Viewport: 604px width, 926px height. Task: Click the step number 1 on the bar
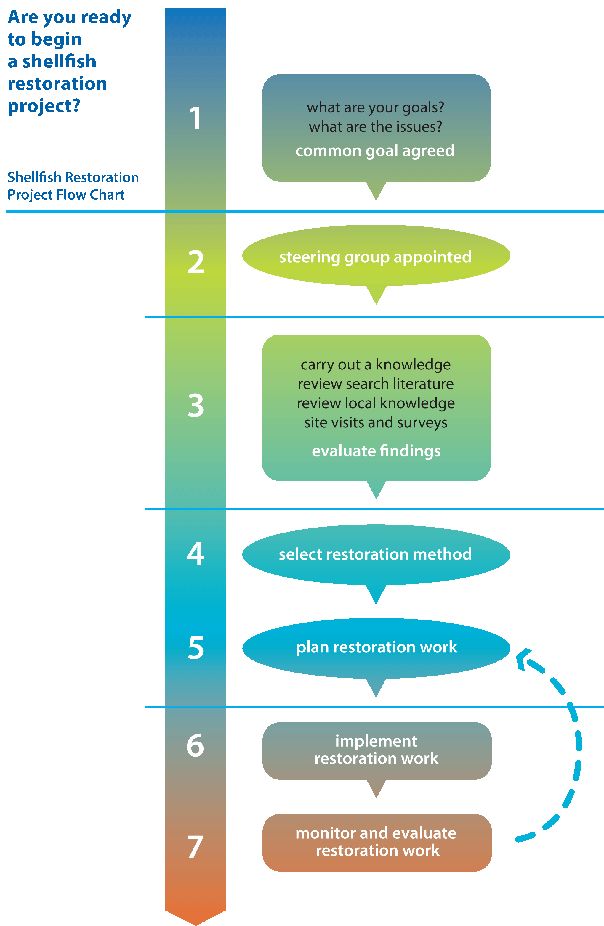coord(195,118)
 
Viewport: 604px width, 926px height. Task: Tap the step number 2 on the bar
coord(196,262)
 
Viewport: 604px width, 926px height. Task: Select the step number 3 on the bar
coord(196,405)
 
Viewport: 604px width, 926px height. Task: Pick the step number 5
coord(196,648)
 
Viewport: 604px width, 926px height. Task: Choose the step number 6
coord(195,745)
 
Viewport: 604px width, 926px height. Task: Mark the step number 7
coord(195,847)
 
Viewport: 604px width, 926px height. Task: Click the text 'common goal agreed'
coord(375,151)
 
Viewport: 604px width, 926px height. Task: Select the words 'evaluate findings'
coord(376,451)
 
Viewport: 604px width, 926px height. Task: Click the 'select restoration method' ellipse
coord(376,554)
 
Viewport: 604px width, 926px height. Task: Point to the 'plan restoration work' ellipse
coord(376,647)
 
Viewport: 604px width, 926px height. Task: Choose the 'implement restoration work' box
coord(377,750)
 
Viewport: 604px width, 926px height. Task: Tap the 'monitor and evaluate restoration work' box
coord(377,842)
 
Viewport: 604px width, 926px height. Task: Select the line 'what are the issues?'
coord(375,127)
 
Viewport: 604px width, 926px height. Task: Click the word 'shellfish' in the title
coord(59,62)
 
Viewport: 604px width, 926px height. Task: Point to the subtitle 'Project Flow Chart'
coord(66,194)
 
